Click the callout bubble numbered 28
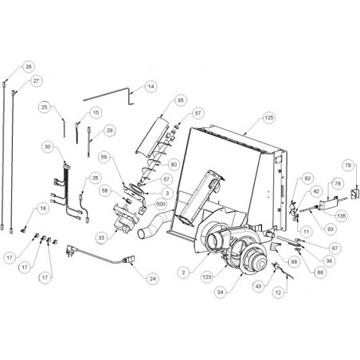[x=29, y=66]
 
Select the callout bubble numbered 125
[x=268, y=117]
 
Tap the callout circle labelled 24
[x=152, y=279]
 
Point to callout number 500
[x=161, y=204]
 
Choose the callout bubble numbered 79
[x=348, y=165]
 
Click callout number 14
[x=151, y=87]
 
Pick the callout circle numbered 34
[x=221, y=292]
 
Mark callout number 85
[x=181, y=100]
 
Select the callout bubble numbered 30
[x=48, y=147]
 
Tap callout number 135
[x=341, y=216]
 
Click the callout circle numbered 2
[x=183, y=272]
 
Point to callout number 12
[x=278, y=292]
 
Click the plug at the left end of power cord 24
[x=70, y=250]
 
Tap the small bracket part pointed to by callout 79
[x=354, y=194]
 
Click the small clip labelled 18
[x=24, y=230]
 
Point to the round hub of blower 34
[x=260, y=264]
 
